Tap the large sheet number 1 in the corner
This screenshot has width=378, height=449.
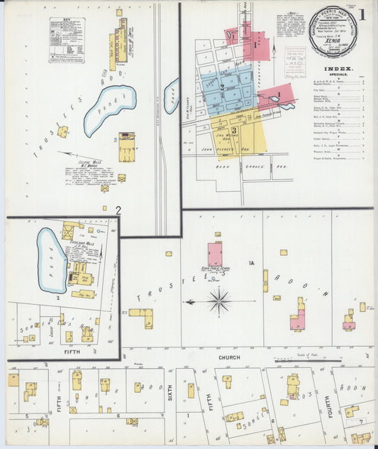(362, 14)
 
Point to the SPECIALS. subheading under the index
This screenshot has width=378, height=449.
(338, 76)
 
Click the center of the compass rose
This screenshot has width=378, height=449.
(219, 301)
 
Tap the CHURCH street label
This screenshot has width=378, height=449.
(229, 357)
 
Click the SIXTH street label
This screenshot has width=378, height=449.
(170, 390)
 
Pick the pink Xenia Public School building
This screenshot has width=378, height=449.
(214, 254)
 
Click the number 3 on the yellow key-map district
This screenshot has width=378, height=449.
(233, 130)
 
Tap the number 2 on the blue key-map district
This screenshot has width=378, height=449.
(222, 87)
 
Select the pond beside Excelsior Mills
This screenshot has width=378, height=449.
(51, 260)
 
